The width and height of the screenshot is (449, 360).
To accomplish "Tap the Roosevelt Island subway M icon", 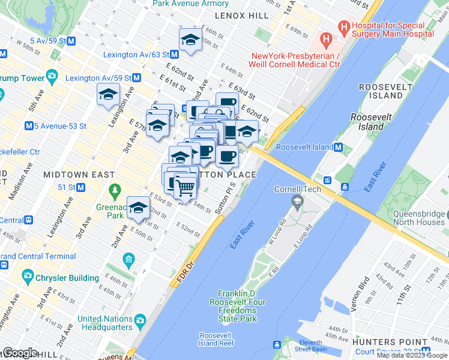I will coord(339,148).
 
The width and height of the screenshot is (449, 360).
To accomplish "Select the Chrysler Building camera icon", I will coord(28,277).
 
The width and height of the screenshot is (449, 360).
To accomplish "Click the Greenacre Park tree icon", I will coord(115,190).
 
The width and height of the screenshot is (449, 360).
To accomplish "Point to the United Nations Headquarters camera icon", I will coord(140,320).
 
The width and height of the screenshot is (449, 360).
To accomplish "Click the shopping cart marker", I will coord(186,187).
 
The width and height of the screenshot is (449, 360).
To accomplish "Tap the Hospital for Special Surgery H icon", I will coord(344,26).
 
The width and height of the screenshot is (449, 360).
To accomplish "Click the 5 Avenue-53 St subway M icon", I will coord(28,126).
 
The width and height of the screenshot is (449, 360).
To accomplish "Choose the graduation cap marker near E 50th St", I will coord(138,208).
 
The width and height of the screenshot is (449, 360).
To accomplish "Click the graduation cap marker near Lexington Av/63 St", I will coord(190,40).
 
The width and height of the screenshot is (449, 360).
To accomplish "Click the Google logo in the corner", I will coord(20,353).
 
